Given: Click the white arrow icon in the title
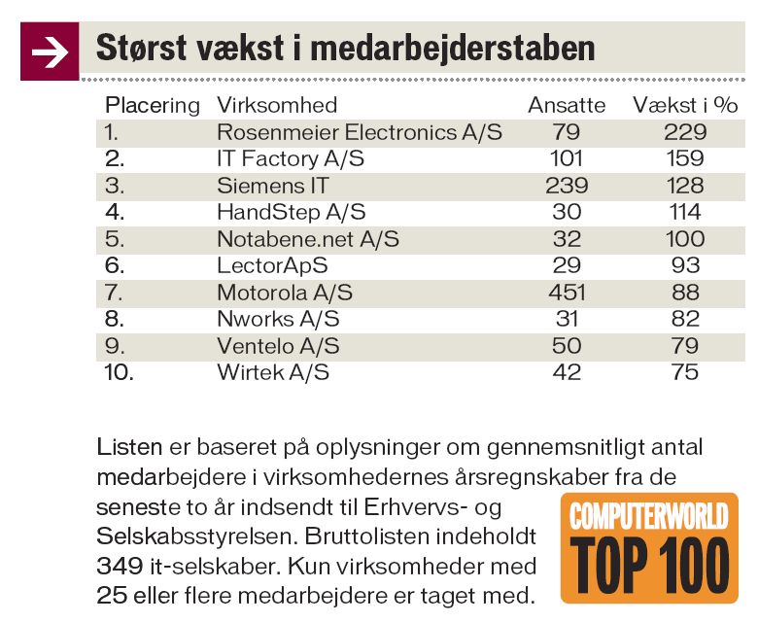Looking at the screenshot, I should (49, 52).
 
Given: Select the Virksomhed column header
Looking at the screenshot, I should (277, 105).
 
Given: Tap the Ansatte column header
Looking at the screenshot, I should (567, 105).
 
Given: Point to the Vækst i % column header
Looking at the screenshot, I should (685, 105).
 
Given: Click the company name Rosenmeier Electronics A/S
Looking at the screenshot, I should (359, 131).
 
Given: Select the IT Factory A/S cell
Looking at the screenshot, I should (290, 158).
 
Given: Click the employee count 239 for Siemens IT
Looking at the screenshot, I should (567, 185).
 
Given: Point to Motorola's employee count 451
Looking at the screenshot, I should (567, 292).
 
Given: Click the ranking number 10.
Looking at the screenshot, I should (119, 371).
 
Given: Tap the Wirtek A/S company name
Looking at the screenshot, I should (273, 371).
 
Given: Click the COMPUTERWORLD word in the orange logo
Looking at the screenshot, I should (649, 515).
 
